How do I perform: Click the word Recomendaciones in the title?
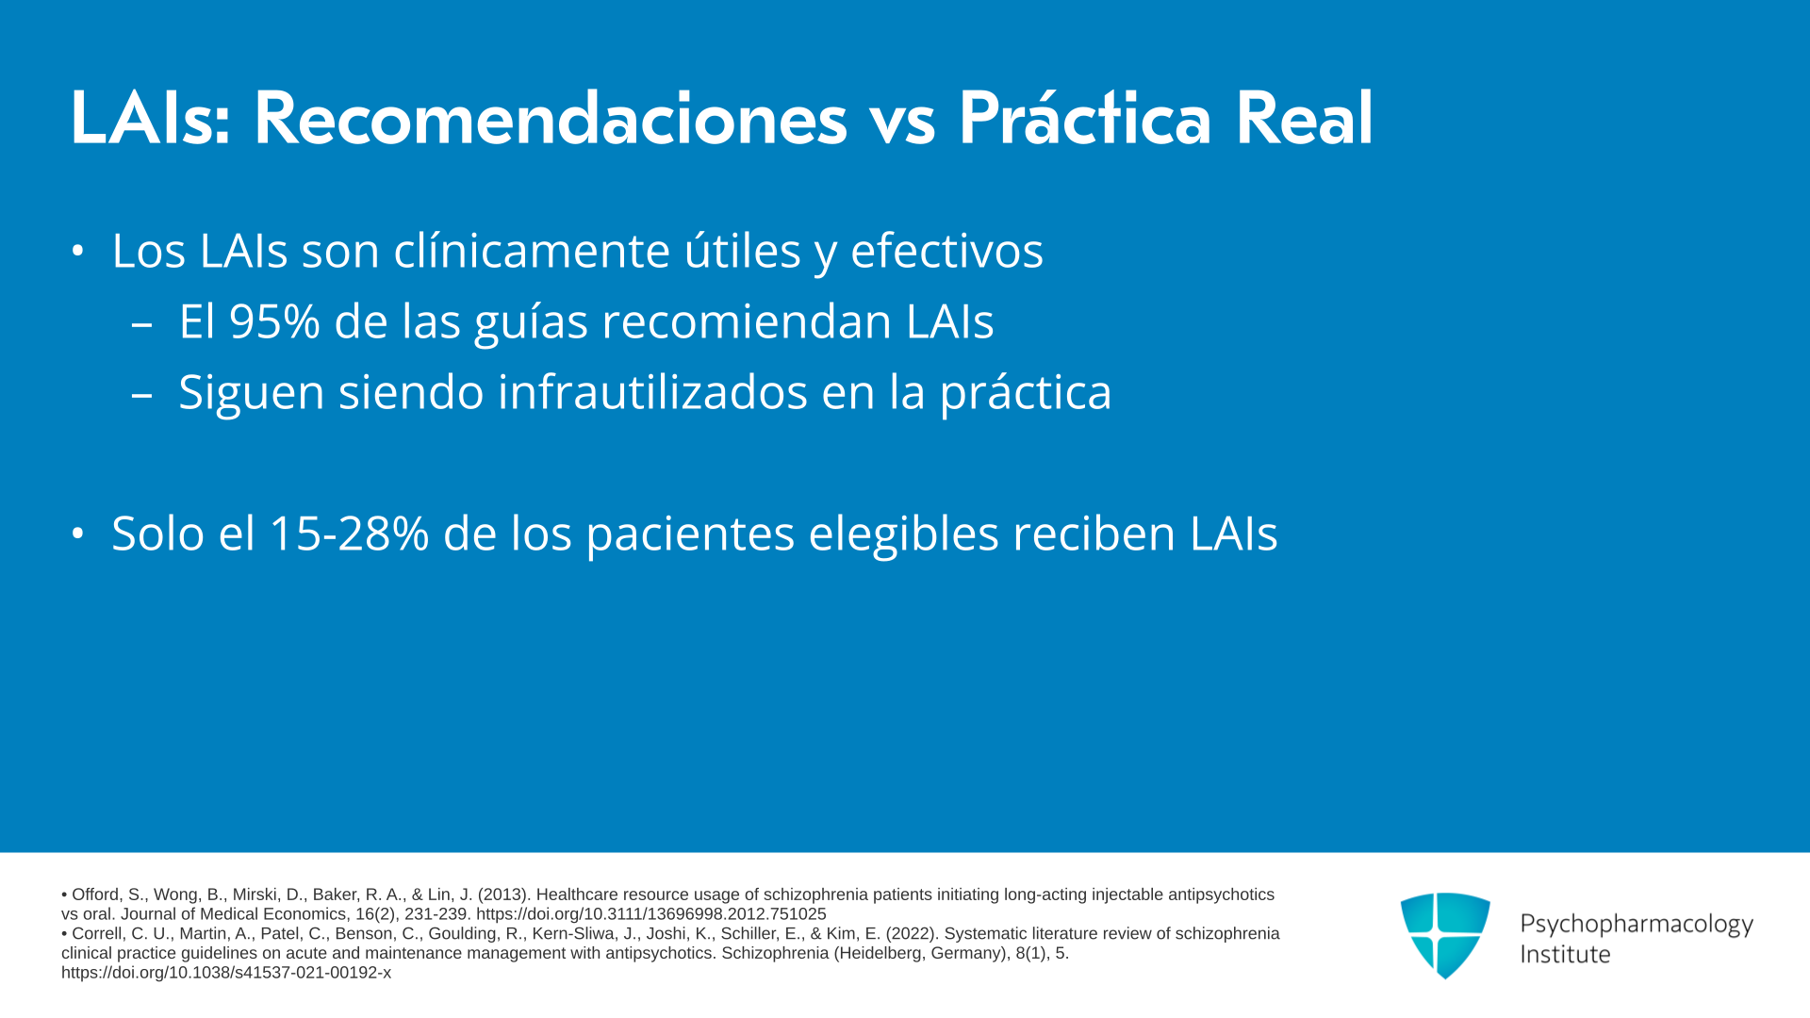[x=551, y=120]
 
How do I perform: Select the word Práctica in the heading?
[x=1084, y=120]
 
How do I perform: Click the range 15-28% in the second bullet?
[x=349, y=534]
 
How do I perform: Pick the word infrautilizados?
[x=652, y=392]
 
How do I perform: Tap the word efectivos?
[x=946, y=251]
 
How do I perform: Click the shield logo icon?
[x=1445, y=935]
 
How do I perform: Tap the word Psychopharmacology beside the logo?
[x=1637, y=925]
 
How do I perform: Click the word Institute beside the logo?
[x=1565, y=955]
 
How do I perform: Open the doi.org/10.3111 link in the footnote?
[x=651, y=914]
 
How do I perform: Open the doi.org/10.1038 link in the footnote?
[x=226, y=973]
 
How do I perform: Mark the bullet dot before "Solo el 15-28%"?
[x=78, y=534]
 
